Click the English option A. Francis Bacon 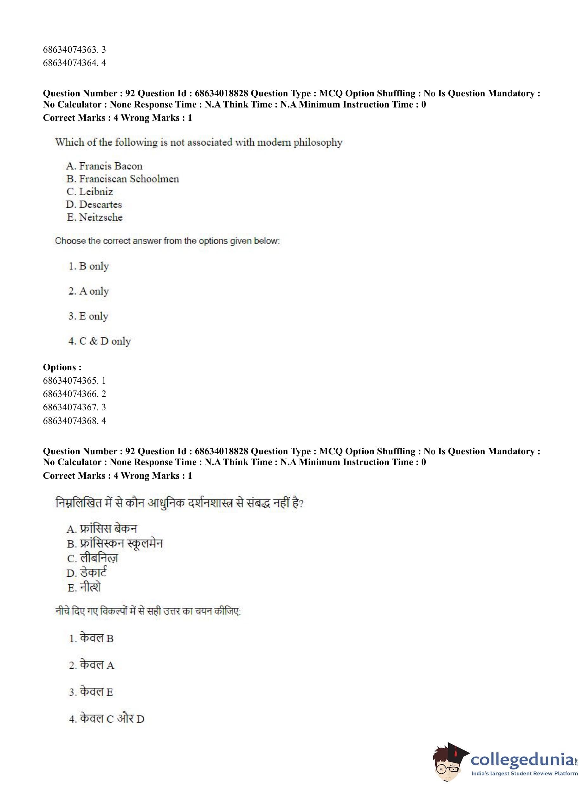104,166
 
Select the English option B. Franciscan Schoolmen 123,179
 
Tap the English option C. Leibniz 90,192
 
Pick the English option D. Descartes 94,204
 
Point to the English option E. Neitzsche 95,217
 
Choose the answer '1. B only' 89,266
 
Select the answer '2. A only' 89,291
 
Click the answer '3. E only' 88,316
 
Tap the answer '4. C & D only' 100,341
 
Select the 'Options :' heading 62,367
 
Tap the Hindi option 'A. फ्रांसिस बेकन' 102,529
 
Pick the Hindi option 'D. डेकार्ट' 87,573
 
